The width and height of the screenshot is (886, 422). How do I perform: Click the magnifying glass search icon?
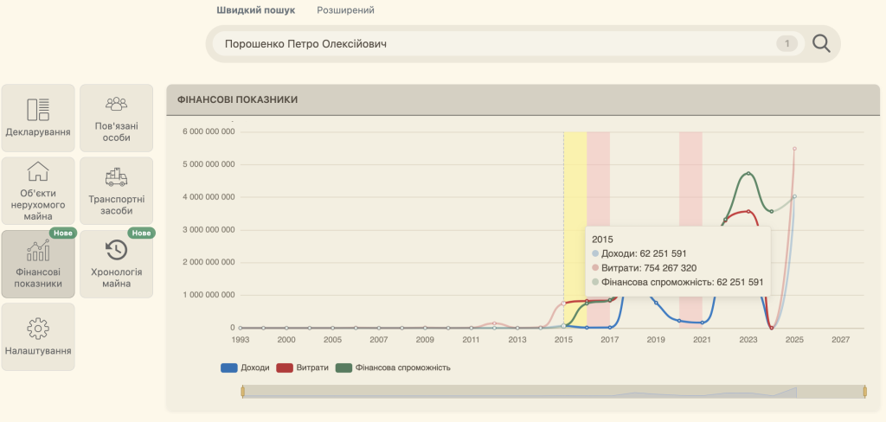(821, 43)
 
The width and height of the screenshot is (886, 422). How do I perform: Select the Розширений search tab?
(345, 10)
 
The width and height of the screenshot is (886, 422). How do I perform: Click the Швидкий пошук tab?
(255, 10)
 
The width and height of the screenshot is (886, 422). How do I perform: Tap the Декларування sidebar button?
(38, 118)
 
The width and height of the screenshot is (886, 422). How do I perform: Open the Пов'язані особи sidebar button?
(117, 118)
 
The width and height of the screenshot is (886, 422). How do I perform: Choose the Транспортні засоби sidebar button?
(117, 191)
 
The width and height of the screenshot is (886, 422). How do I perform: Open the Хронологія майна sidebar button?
(117, 264)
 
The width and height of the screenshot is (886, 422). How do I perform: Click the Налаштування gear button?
(38, 336)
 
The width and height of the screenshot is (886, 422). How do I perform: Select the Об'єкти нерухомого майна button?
(38, 191)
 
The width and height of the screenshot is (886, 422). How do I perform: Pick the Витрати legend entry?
(302, 368)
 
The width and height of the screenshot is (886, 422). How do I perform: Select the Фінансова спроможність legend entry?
(394, 368)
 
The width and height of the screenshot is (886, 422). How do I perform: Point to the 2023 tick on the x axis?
(748, 340)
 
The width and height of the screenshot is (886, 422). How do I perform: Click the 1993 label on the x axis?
(241, 340)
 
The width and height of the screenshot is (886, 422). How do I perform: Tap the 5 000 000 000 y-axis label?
(209, 165)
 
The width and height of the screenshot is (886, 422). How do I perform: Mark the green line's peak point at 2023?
(748, 174)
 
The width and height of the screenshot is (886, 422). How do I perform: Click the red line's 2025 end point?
(794, 149)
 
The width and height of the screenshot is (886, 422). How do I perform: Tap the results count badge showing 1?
(787, 43)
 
